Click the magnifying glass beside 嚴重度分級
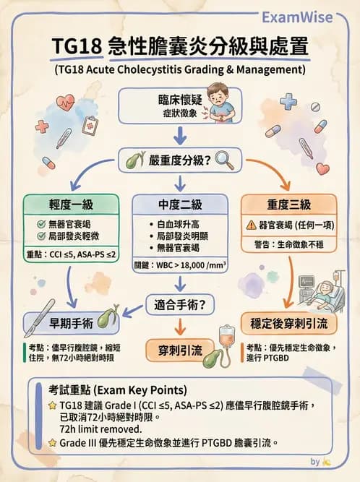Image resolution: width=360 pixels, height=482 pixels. (223, 158)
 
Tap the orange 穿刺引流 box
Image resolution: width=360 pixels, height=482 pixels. (180, 351)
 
